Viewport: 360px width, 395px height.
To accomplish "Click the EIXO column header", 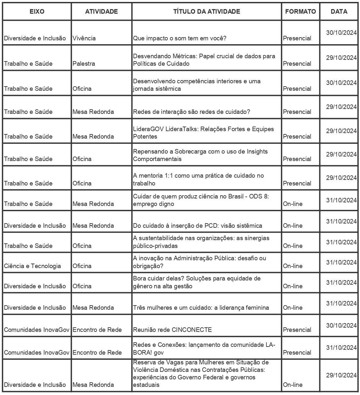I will coord(37,12).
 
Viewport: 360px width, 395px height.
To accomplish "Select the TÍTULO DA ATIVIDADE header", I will coord(207,12).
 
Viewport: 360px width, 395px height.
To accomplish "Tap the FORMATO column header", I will coord(300,12).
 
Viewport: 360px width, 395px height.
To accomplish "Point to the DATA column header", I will coord(339,12).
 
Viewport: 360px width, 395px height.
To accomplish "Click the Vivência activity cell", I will coord(84,38).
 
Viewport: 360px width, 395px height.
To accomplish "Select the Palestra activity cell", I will coord(84,63).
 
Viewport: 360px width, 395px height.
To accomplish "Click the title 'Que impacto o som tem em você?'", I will coord(180,38).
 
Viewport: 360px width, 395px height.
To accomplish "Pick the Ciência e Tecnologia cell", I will coord(33,266).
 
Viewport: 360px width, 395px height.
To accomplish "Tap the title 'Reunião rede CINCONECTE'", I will coord(172,330).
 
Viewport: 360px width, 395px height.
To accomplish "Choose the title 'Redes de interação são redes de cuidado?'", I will coord(192,112).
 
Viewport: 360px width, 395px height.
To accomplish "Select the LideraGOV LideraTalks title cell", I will coord(203,133).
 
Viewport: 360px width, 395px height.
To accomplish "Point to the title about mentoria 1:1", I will coord(198,179).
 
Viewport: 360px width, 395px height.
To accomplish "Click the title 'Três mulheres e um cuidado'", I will coord(201,307).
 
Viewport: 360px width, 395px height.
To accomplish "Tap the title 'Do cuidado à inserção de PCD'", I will coord(197,225).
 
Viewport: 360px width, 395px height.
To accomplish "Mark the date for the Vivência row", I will coord(341,33).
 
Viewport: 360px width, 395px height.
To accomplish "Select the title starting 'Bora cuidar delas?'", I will coord(197,282).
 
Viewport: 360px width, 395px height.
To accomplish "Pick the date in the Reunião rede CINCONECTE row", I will coord(341,325).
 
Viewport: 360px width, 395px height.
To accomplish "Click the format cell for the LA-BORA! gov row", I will coord(297,352).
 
